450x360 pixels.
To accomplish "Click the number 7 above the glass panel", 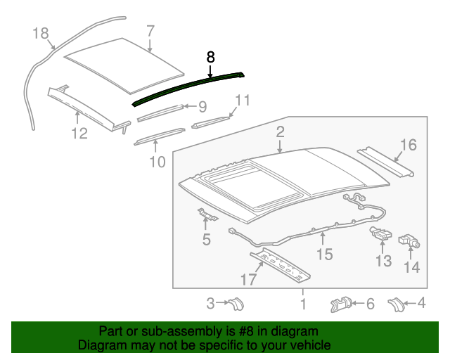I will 150,31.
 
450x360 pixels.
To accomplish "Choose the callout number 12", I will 79,133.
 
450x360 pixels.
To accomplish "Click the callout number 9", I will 202,107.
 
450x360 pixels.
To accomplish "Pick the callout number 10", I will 157,162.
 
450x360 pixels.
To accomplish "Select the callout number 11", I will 242,101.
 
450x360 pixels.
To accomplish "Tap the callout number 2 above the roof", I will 280,131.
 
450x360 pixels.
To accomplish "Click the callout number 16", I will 408,145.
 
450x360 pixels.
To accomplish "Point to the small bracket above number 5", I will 205,215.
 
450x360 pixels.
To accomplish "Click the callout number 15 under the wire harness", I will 323,254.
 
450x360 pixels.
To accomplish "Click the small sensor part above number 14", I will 409,241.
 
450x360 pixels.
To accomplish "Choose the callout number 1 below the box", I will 303,304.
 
